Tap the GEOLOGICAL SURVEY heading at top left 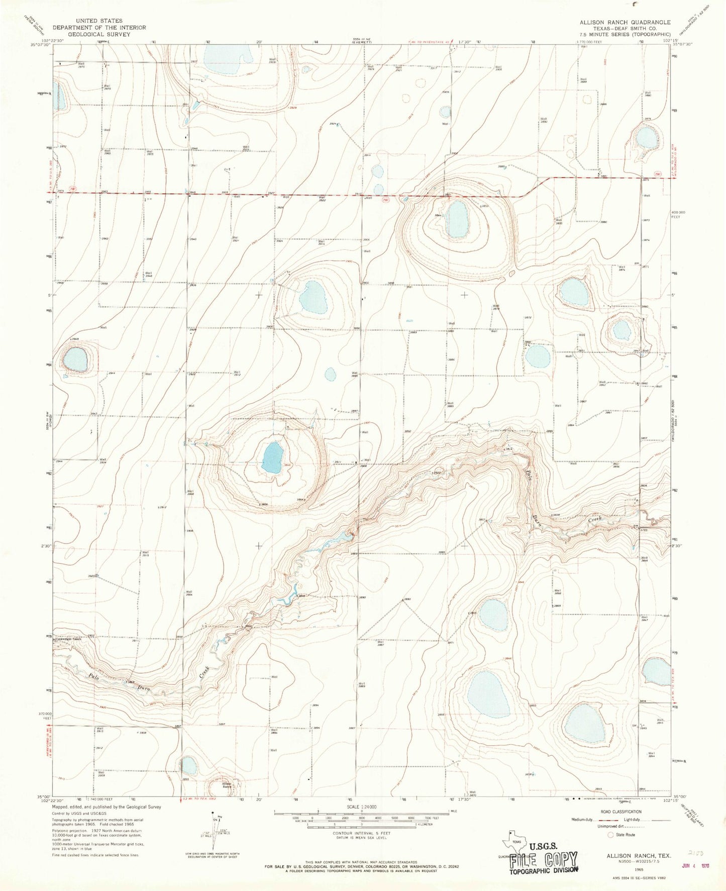point(99,34)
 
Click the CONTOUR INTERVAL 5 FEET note point(361,833)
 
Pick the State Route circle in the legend point(611,835)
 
